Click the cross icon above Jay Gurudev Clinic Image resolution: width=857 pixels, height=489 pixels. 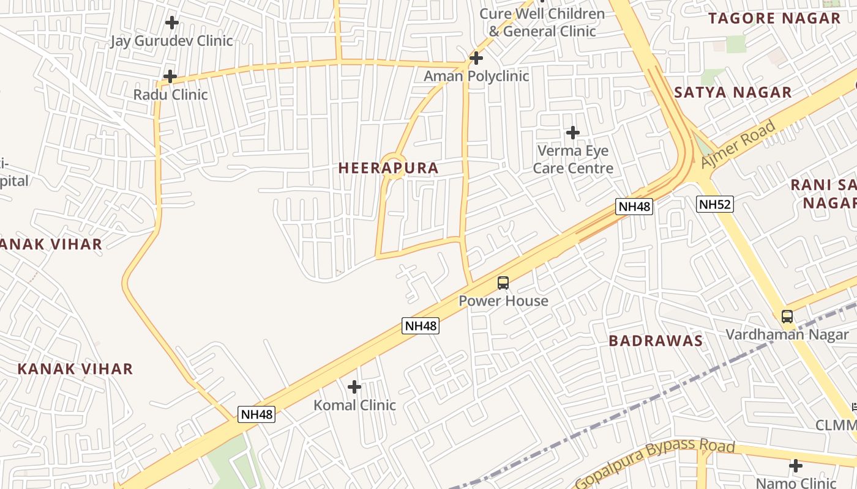tap(172, 23)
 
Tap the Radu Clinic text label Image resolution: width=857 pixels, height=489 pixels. tap(171, 95)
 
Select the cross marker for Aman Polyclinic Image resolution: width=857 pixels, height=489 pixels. tap(476, 58)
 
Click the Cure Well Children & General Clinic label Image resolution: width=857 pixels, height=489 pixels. tap(542, 23)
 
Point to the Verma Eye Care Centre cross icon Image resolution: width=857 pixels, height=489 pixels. tap(573, 132)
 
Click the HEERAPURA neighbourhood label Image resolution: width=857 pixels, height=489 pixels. tap(389, 168)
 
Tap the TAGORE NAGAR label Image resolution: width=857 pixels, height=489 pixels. tap(775, 18)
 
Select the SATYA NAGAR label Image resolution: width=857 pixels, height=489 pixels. tap(733, 93)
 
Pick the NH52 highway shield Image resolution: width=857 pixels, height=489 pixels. tap(714, 204)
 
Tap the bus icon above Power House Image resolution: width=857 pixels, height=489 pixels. tap(503, 283)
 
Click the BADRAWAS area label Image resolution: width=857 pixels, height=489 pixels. tap(656, 341)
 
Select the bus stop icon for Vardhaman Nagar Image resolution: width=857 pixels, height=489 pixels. tap(787, 317)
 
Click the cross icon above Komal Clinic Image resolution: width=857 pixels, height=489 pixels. tap(354, 387)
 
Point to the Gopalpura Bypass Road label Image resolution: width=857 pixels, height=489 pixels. tap(655, 463)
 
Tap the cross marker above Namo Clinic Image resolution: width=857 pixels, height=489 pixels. tap(796, 466)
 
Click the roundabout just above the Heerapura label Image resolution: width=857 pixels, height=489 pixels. tap(392, 166)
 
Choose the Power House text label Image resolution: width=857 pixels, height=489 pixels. tap(504, 301)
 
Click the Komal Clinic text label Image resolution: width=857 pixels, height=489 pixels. tap(355, 405)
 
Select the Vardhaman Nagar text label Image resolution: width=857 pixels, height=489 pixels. tap(787, 334)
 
